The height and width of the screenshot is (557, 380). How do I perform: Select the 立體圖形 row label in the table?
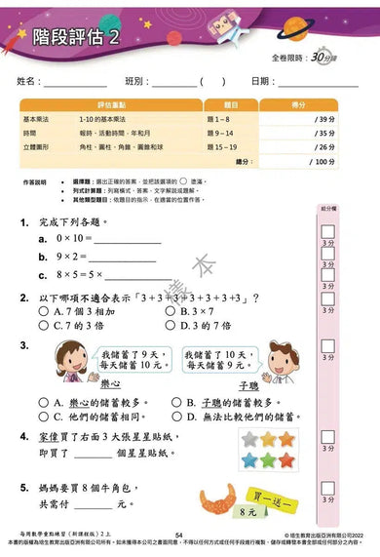pos(37,147)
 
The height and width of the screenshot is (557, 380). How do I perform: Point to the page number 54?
pos(178,536)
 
